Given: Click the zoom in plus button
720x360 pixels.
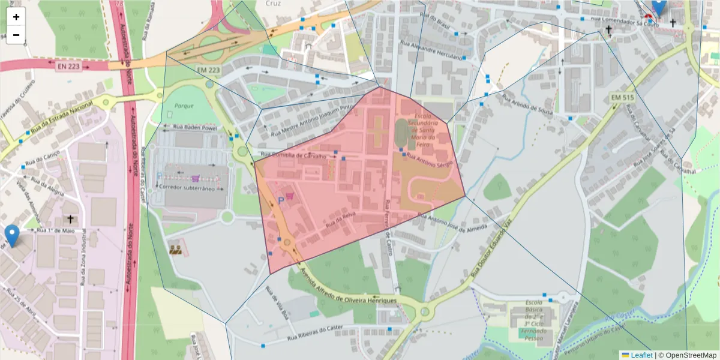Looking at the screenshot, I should (x=16, y=17).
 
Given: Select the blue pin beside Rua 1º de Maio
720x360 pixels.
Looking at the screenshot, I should (x=11, y=235).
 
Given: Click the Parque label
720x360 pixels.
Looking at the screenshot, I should (x=185, y=106).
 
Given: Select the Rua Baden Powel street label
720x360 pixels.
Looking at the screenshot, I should (x=195, y=128).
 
